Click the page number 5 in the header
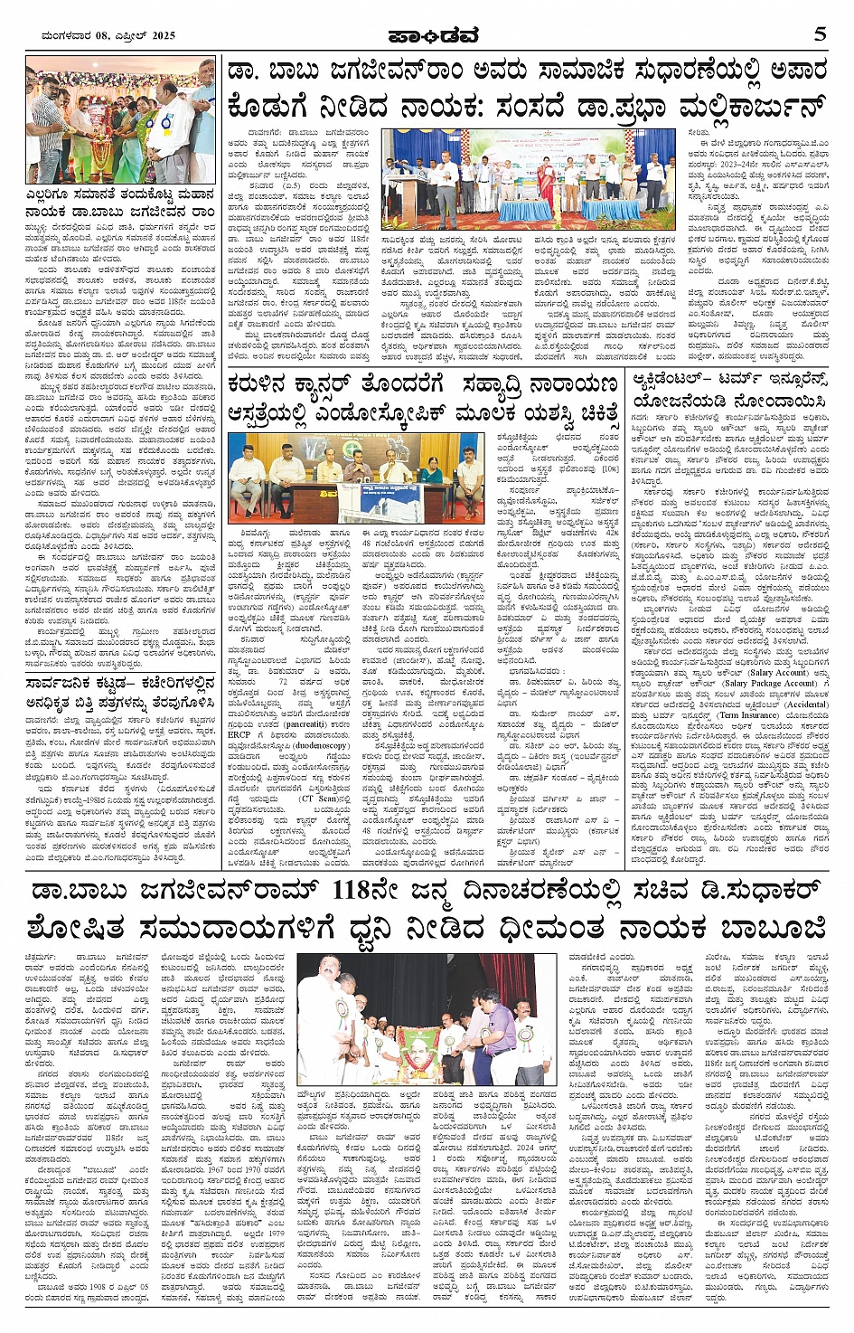[820, 33]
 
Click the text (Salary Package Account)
[765, 683]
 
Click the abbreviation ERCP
[239, 734]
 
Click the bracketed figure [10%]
[610, 469]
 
